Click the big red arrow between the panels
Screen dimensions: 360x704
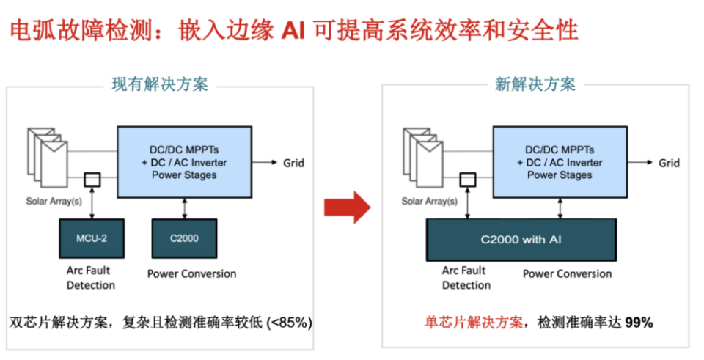[x=348, y=207]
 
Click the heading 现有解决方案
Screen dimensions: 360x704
[x=159, y=84]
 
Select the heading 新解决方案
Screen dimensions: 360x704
[x=535, y=84]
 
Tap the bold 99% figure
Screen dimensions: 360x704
[x=639, y=322]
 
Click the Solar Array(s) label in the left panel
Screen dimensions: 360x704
[x=55, y=201]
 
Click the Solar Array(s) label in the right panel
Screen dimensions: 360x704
[x=429, y=201]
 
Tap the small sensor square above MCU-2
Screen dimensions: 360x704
[x=92, y=179]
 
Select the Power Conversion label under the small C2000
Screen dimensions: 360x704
[x=191, y=274]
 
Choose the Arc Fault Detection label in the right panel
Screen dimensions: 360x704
[x=466, y=278]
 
